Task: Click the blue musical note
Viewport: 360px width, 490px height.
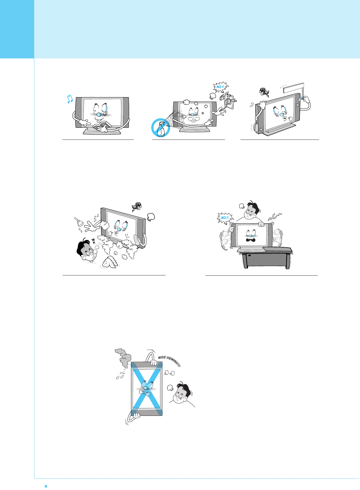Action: (70, 99)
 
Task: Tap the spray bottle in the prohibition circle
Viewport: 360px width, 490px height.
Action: (161, 128)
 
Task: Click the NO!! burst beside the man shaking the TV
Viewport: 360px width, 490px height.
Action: (224, 218)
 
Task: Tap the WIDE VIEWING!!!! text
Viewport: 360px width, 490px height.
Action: (169, 361)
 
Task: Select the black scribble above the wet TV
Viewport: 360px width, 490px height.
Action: (137, 207)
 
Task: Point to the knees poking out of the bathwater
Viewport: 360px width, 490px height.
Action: (110, 261)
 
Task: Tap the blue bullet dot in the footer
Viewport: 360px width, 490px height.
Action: (46, 486)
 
